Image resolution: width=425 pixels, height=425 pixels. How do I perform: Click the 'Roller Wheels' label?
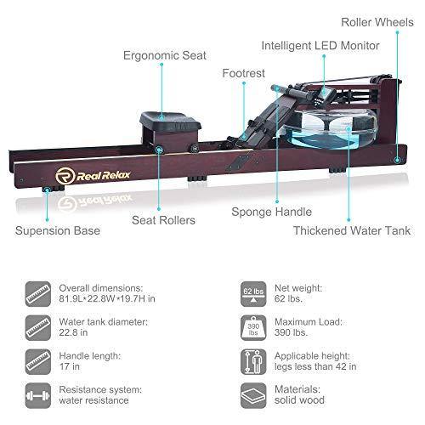(x=377, y=22)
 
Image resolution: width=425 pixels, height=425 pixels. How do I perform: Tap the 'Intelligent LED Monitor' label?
(x=320, y=45)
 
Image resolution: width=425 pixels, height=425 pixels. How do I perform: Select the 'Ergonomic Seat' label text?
(x=165, y=55)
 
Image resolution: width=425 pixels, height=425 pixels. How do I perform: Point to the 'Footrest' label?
(x=243, y=73)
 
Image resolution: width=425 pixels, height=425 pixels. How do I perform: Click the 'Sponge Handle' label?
(x=271, y=212)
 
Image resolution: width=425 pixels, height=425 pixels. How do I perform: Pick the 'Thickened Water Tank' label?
(x=352, y=230)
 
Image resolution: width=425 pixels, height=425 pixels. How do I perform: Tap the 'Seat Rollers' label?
(x=163, y=220)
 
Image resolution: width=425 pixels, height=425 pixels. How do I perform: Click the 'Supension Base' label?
(x=58, y=230)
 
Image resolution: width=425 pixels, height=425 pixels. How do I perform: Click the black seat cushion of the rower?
(x=170, y=122)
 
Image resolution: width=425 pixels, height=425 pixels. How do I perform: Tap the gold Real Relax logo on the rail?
(x=93, y=176)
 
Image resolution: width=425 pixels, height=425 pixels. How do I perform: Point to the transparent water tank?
(x=330, y=127)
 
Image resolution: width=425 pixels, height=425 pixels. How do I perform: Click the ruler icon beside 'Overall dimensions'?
(x=38, y=294)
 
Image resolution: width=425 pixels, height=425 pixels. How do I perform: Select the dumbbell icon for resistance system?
(x=38, y=395)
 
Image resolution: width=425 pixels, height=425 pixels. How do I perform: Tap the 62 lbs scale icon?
(x=253, y=294)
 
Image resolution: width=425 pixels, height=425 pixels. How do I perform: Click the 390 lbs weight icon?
(x=253, y=328)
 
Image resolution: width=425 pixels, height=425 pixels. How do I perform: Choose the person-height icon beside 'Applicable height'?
(x=253, y=362)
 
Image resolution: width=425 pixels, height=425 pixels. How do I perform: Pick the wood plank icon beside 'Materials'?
(x=253, y=395)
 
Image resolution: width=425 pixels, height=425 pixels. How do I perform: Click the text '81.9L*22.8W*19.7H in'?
(x=107, y=298)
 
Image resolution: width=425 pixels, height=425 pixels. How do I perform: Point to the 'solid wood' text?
(x=299, y=400)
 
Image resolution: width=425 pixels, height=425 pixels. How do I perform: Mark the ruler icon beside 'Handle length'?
(x=38, y=362)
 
